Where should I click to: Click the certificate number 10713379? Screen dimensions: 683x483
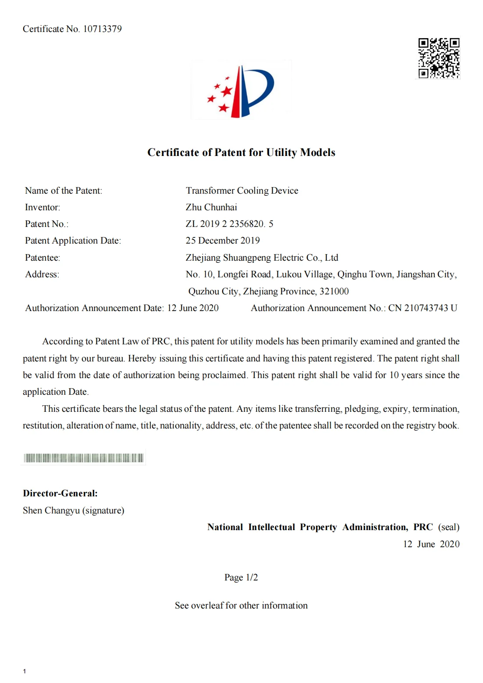tap(102, 29)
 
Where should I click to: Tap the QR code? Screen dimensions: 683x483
tap(438, 58)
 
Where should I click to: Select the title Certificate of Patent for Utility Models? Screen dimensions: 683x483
tap(241, 152)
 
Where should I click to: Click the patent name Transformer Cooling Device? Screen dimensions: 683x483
tap(241, 191)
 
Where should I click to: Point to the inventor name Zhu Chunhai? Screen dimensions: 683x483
tap(211, 207)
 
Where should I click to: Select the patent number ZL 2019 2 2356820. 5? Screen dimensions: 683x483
tap(229, 224)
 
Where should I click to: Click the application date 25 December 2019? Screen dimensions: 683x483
tap(223, 241)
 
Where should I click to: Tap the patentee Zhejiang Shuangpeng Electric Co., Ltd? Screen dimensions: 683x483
tap(262, 258)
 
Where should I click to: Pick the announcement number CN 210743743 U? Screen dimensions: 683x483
tap(423, 308)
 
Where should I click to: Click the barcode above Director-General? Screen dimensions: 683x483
tap(83, 458)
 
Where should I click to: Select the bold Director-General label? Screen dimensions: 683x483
tap(60, 493)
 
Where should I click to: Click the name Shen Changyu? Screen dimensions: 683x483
tap(51, 510)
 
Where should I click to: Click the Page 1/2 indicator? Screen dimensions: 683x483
tap(241, 577)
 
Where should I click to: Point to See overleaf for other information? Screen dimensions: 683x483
tap(241, 605)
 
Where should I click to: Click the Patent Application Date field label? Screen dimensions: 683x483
tap(73, 241)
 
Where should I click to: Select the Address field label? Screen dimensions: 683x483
tap(42, 274)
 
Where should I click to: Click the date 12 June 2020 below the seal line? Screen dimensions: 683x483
tap(431, 544)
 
